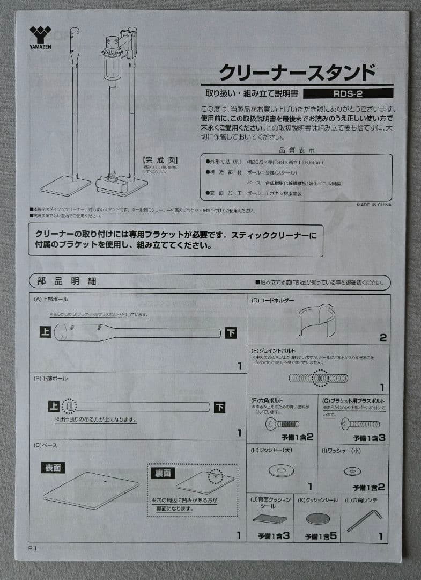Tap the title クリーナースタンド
[x=297, y=72]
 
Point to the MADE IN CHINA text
[x=374, y=205]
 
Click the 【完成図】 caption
[x=160, y=160]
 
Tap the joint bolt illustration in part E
[x=319, y=378]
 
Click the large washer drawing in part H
[x=281, y=471]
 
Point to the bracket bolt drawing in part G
[x=360, y=424]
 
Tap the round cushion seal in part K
[x=319, y=518]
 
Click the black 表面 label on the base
[x=53, y=467]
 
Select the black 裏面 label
[x=163, y=473]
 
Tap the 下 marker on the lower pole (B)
[x=220, y=407]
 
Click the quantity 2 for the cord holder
[x=382, y=338]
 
